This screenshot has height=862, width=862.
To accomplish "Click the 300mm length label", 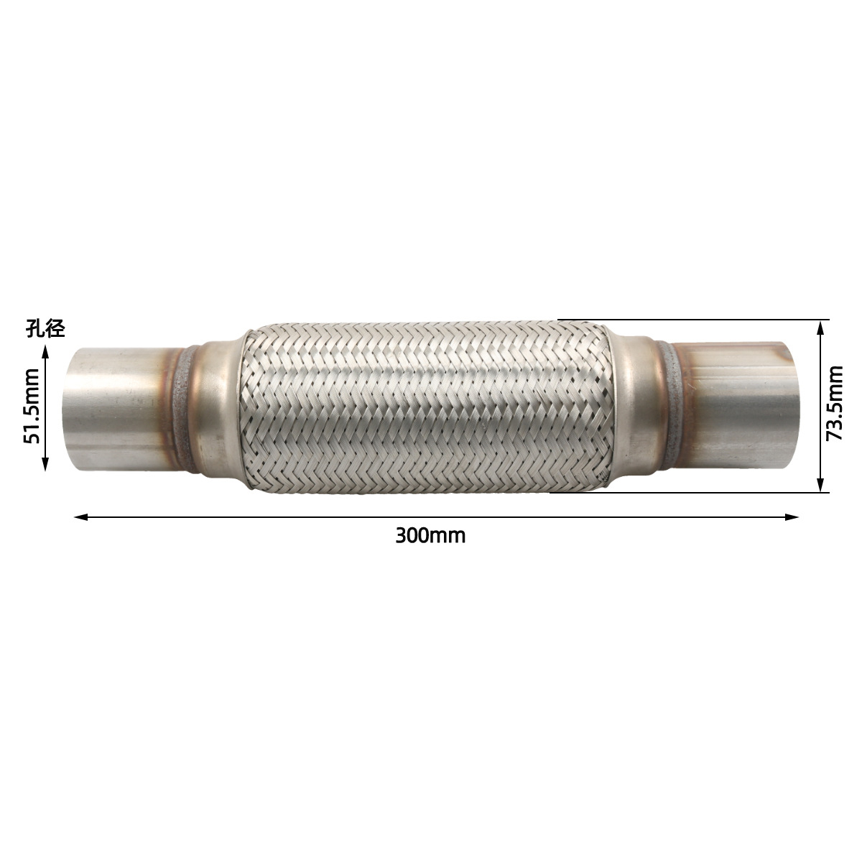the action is [430, 535].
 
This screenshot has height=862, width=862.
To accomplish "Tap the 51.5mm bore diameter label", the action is [32, 406].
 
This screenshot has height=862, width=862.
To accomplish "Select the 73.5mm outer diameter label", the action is [834, 403].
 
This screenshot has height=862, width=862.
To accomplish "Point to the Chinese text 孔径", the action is [45, 329].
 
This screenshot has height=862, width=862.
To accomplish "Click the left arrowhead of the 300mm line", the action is [80, 517].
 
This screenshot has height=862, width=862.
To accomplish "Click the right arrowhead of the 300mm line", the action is [792, 517].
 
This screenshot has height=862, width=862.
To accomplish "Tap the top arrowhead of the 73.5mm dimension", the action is [820, 328].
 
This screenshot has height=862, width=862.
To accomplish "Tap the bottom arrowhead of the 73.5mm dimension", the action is [820, 485].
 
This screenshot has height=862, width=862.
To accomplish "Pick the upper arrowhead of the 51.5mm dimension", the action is [45, 353].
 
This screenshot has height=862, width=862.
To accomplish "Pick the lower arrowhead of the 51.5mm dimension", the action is [45, 463].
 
